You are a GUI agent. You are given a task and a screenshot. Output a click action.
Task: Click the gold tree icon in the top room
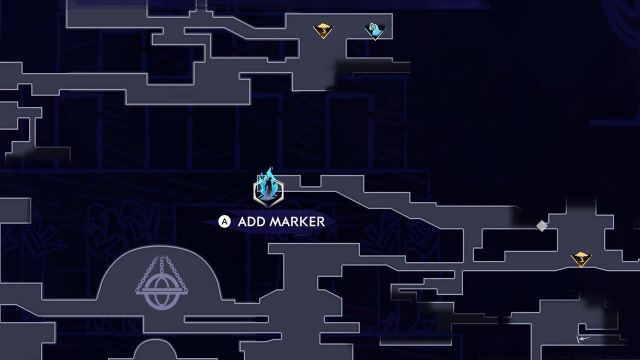click(323, 30)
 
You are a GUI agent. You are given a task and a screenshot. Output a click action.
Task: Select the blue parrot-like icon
click(374, 30)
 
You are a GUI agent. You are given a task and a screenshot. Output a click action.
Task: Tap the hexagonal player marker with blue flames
click(268, 190)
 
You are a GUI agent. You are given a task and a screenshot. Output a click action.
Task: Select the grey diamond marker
click(541, 226)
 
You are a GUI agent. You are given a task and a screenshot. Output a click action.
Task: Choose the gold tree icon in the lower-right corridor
click(580, 258)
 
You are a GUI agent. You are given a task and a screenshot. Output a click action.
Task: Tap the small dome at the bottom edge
click(154, 350)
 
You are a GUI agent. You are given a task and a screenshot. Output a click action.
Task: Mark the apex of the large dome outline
click(158, 245)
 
